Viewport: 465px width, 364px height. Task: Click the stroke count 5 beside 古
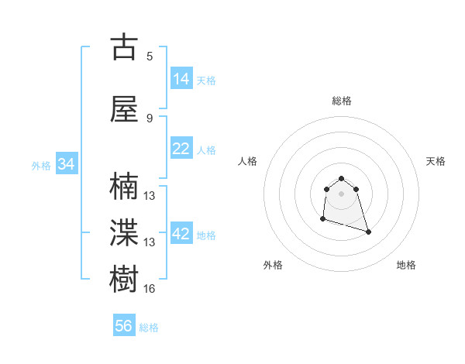[150, 57]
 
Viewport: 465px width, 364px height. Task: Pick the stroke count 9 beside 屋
[150, 118]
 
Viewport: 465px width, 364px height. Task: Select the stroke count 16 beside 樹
[150, 289]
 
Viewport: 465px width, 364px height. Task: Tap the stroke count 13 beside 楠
[150, 197]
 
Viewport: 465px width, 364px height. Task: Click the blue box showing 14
[181, 78]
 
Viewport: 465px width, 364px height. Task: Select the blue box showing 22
[181, 149]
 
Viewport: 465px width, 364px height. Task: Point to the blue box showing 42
[181, 234]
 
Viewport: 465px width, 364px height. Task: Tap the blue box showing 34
[67, 164]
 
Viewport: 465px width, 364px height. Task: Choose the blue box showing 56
[124, 326]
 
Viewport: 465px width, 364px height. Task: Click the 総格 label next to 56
[149, 328]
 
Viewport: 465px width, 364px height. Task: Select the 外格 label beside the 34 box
[41, 166]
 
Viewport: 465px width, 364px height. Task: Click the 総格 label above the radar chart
[342, 101]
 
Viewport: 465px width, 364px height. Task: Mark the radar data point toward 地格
[368, 232]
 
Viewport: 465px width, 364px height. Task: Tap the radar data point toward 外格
[322, 219]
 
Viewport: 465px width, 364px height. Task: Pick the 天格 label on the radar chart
[436, 161]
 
